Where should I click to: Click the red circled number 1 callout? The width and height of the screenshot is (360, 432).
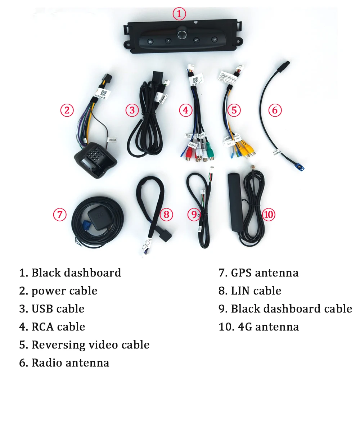point(179,14)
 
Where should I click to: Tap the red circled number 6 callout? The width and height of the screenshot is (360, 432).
point(275,110)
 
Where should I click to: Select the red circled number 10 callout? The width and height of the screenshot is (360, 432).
point(269,215)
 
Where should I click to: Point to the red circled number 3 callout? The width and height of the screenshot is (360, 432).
point(132,110)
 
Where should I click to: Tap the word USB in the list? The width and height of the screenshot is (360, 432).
point(42,309)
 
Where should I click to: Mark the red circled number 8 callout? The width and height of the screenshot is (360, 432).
point(166,215)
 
